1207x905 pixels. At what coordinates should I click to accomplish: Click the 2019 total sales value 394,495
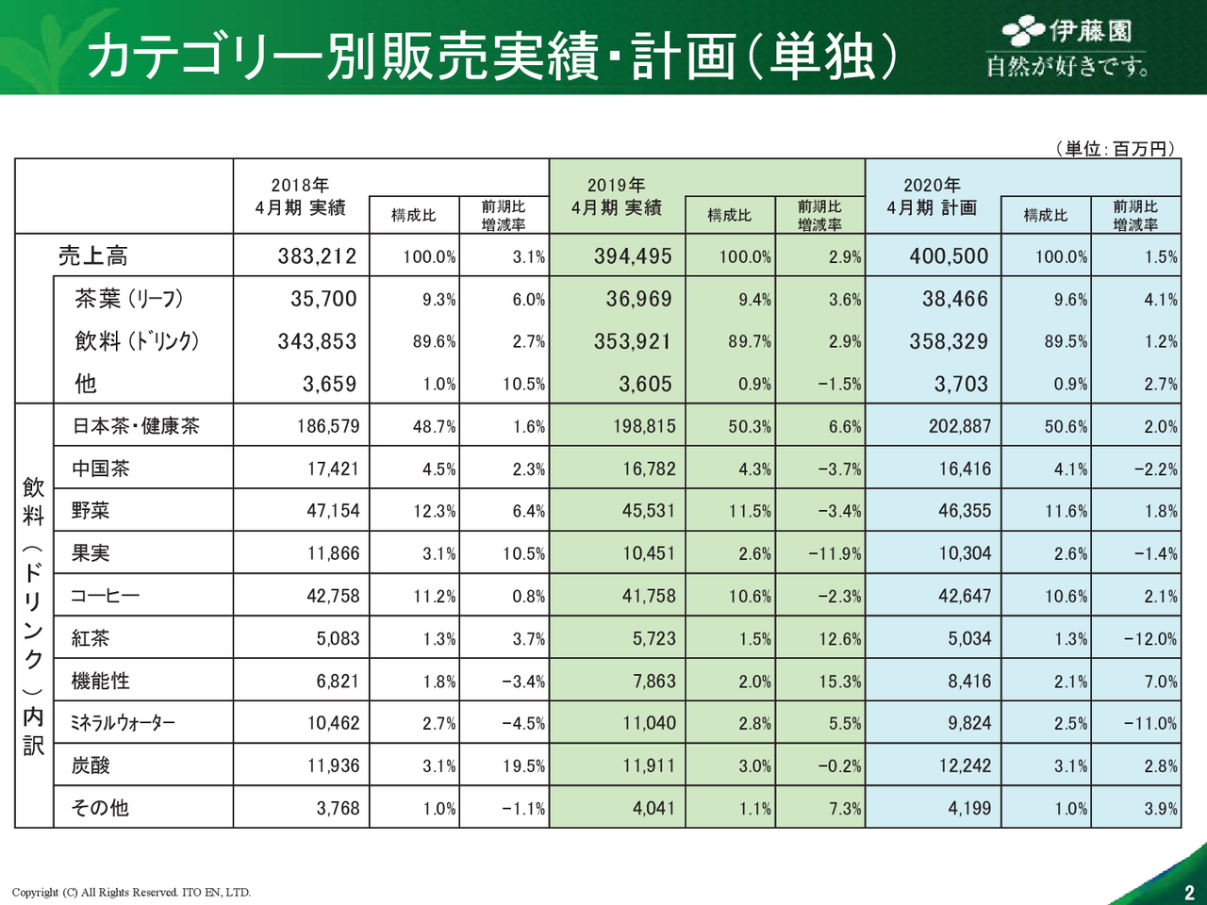point(633,256)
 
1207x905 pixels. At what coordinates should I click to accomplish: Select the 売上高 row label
point(92,256)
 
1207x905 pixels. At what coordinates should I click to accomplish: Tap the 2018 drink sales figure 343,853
point(317,341)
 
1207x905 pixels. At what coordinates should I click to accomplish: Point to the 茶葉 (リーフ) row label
point(128,299)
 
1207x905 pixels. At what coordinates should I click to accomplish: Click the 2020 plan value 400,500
point(949,256)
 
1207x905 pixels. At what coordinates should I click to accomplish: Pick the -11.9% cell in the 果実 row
point(835,554)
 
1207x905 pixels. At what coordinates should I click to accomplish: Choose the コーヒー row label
point(105,597)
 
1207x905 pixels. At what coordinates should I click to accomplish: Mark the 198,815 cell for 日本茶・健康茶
point(644,426)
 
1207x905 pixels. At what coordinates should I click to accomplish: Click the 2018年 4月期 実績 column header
point(300,197)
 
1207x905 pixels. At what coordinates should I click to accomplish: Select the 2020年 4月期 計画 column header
point(932,197)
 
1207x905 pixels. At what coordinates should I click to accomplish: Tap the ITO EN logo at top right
point(1067,47)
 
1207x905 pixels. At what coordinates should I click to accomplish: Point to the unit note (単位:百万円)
point(1115,148)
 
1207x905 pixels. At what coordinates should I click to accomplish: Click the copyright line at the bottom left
point(131,892)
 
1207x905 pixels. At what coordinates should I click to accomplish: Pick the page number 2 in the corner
point(1189,893)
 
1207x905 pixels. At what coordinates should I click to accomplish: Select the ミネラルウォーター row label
point(123,724)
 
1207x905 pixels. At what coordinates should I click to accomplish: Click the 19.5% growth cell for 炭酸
point(523,766)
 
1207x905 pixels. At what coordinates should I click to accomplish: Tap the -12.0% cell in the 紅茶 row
point(1149,639)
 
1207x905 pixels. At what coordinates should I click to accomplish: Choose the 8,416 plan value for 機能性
point(969,682)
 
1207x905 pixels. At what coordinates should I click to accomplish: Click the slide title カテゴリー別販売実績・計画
point(490,55)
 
